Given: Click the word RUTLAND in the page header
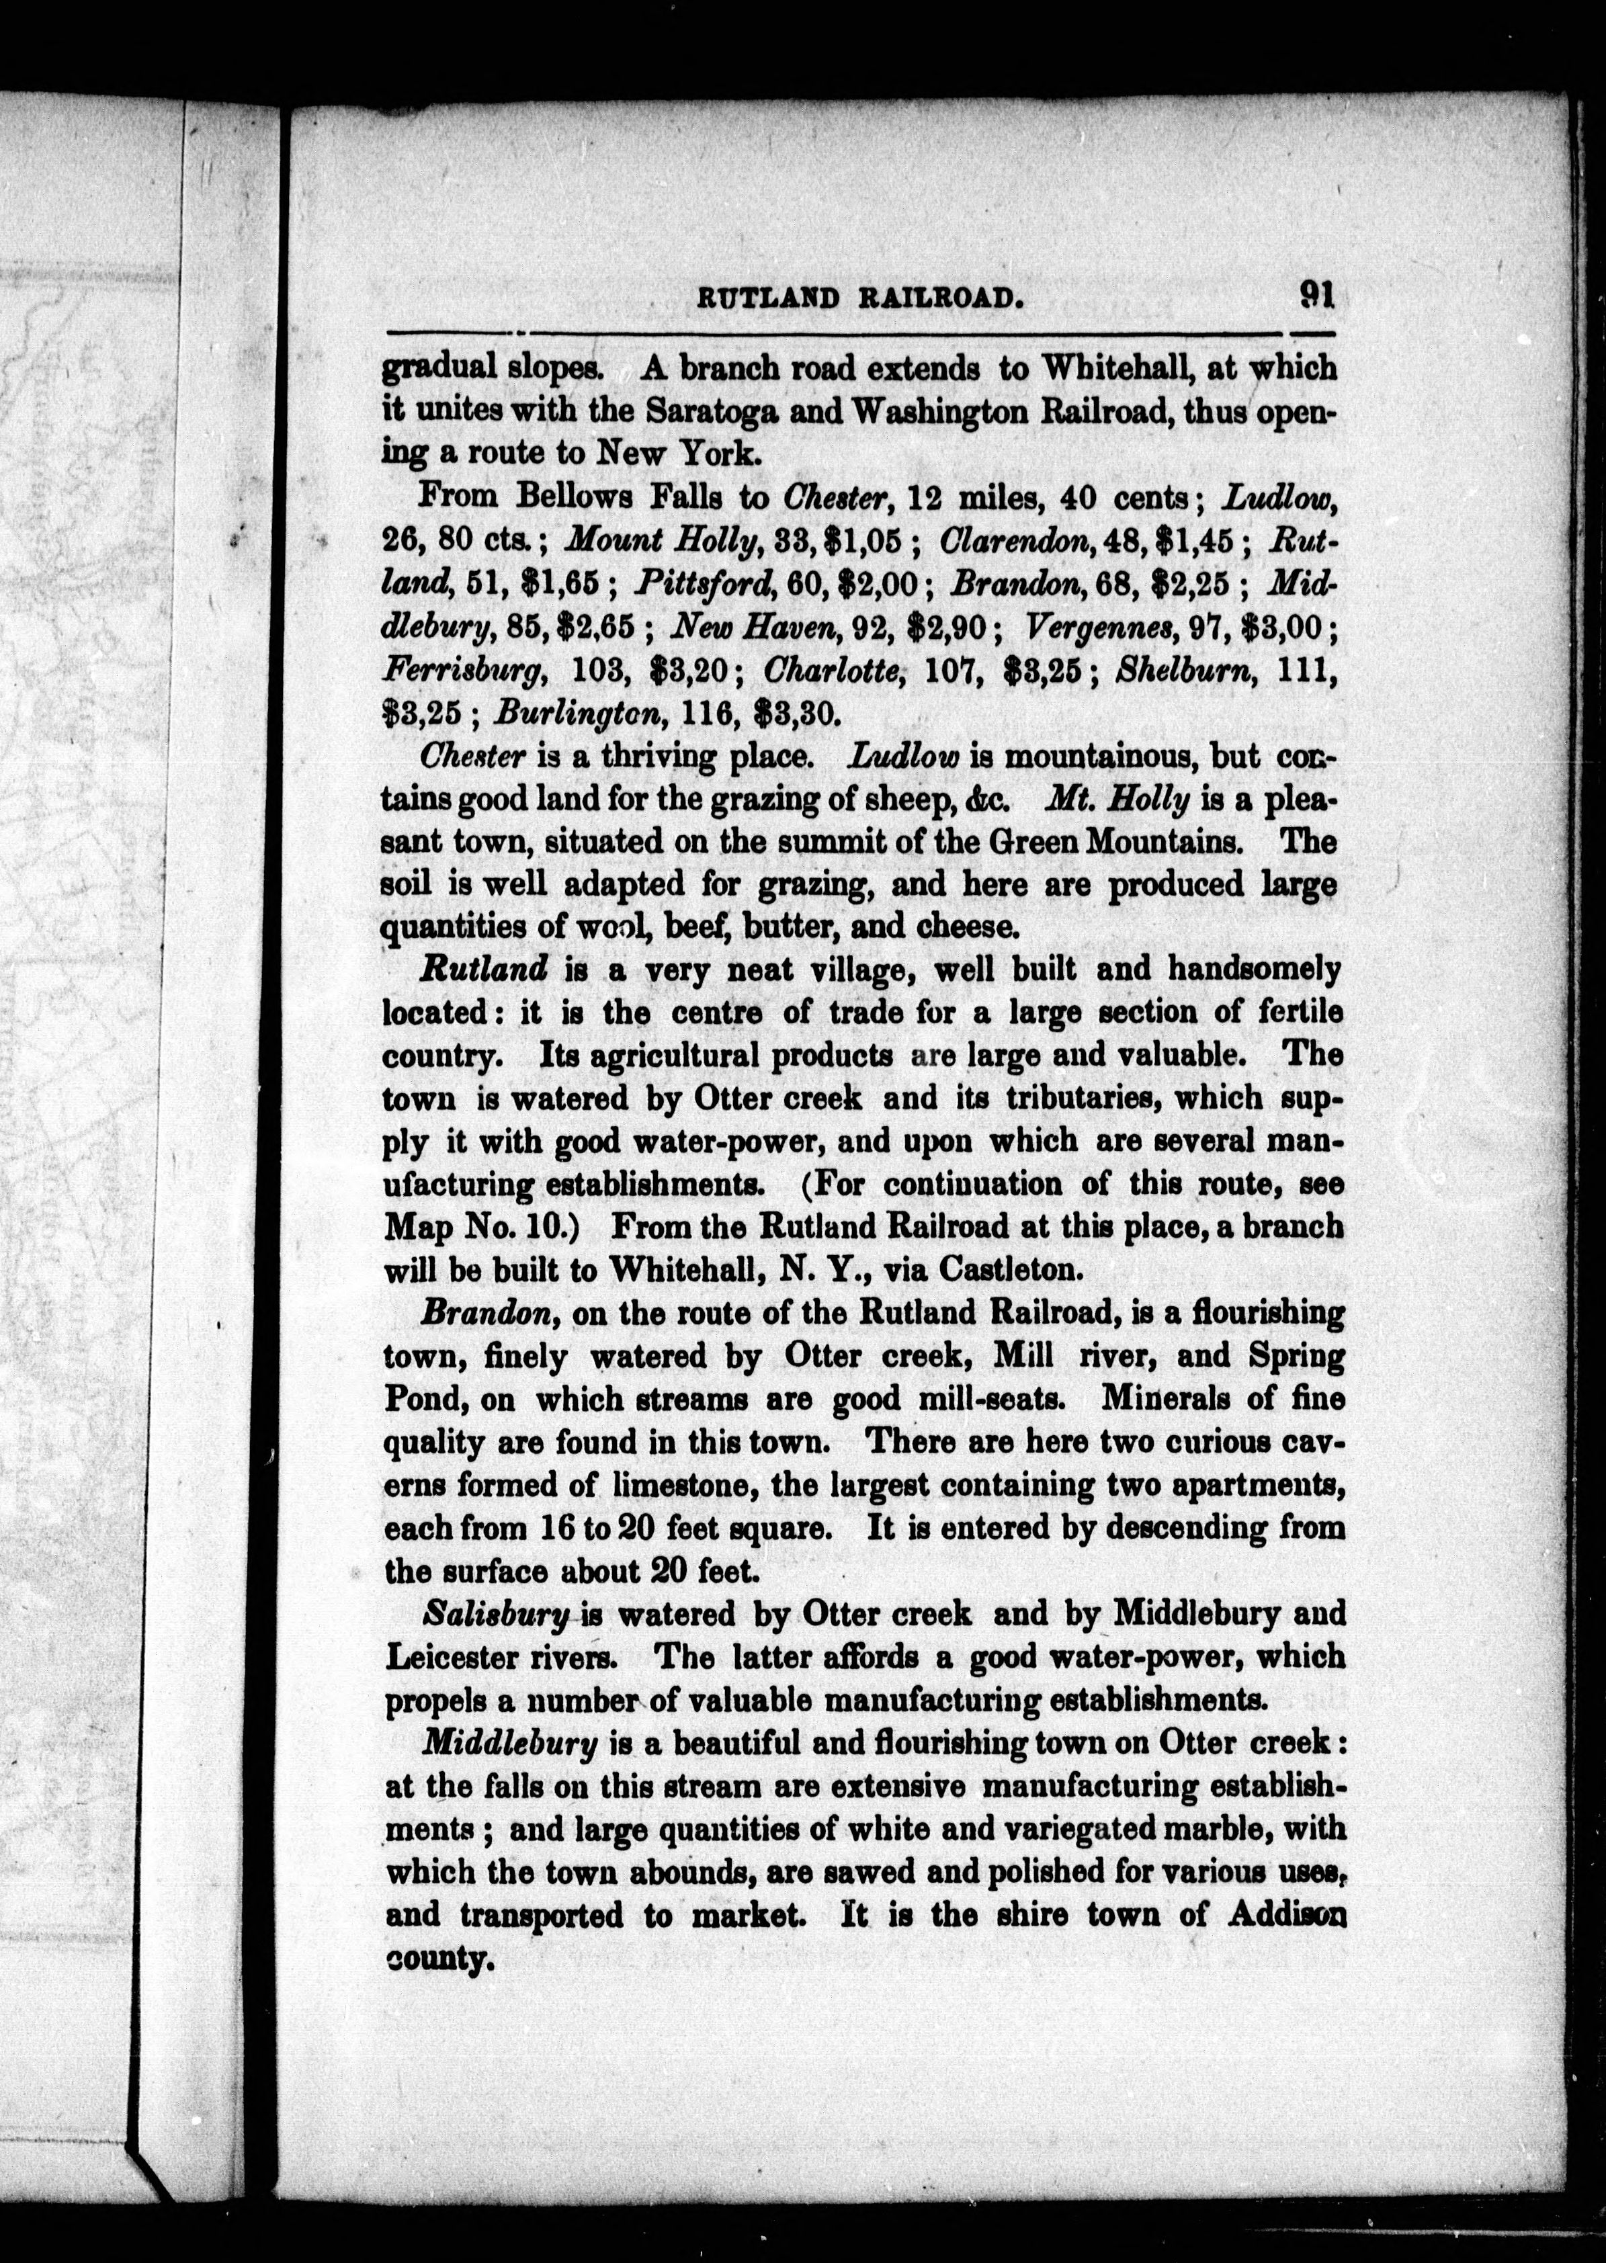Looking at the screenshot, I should (x=768, y=298).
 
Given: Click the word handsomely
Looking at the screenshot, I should (x=1254, y=970).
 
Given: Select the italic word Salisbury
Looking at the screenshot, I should (x=497, y=1613).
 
